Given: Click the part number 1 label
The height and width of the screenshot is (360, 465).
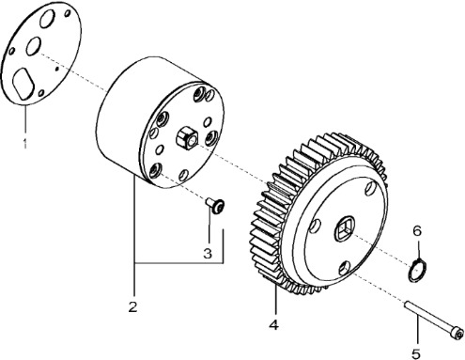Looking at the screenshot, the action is [x=24, y=143].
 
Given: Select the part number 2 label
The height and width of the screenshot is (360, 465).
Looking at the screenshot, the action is [x=132, y=306].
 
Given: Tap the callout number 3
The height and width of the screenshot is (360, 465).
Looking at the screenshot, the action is [x=208, y=253].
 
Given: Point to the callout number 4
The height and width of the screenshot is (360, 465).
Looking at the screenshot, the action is [x=273, y=324].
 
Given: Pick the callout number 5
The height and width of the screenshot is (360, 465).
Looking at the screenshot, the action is [x=416, y=353].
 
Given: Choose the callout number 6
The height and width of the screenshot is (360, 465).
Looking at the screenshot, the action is [x=417, y=231].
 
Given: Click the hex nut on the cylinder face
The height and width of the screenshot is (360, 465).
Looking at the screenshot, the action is [x=187, y=138].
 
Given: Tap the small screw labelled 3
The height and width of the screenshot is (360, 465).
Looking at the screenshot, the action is [x=215, y=206].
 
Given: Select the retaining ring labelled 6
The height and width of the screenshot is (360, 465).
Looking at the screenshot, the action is [x=417, y=270].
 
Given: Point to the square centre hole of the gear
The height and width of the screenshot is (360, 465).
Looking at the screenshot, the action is [x=344, y=228].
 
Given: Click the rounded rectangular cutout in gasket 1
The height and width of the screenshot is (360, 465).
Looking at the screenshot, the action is [x=23, y=84].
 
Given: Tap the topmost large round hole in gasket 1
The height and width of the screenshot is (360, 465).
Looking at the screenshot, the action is [x=48, y=19].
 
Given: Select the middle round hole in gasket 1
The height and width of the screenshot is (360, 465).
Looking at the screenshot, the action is [x=33, y=46].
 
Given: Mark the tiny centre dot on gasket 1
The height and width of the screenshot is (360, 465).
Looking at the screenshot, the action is [x=56, y=69].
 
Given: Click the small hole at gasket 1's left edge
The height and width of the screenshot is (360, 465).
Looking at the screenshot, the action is [x=11, y=51].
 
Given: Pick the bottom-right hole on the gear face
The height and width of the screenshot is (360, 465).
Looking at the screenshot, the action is [x=344, y=268].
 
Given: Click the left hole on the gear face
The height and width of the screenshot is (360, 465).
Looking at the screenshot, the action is [x=315, y=227].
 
